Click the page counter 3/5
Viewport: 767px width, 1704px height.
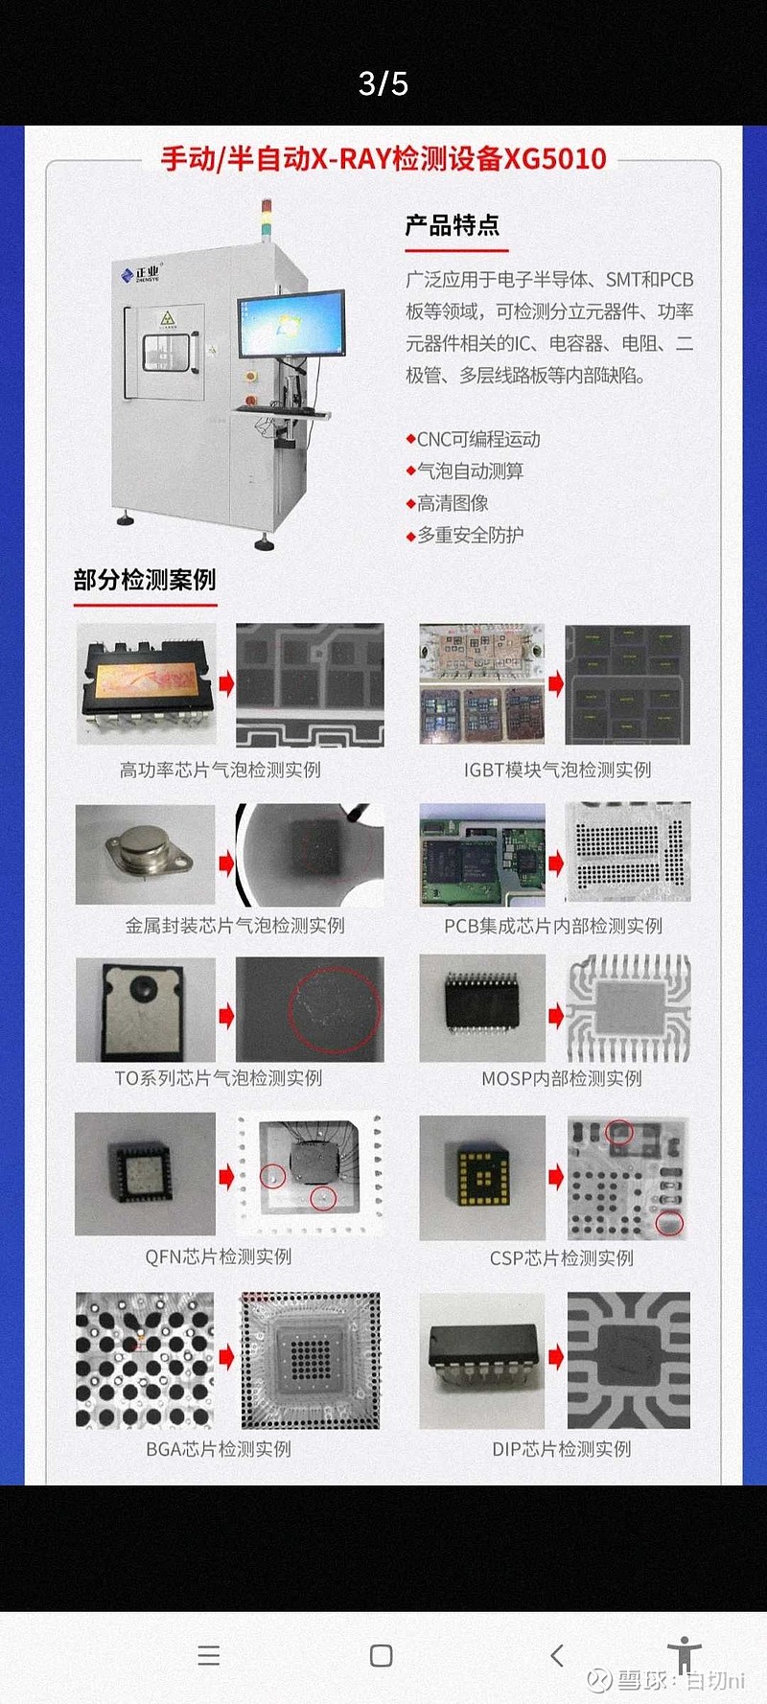383,83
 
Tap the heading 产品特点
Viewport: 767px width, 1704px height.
453,225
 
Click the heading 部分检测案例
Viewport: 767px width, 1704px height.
145,580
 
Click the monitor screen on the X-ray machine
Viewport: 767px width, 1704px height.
291,324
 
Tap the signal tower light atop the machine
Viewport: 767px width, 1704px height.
267,219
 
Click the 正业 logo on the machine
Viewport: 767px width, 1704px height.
142,275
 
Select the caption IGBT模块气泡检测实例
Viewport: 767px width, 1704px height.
558,770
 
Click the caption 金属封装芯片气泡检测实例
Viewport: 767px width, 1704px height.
235,925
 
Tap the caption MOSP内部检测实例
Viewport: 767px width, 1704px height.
562,1078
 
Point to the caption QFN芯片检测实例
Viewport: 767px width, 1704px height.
219,1256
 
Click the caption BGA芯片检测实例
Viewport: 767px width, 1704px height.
219,1449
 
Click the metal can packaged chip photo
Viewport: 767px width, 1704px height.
146,854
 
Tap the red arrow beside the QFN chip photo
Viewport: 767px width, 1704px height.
226,1176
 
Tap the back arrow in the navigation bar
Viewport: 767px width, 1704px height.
557,1655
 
